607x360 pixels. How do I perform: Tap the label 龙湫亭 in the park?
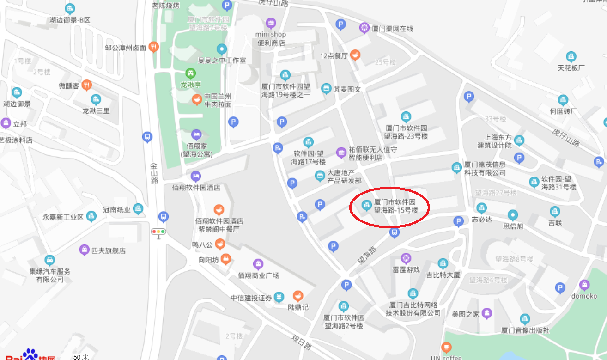point(190,85)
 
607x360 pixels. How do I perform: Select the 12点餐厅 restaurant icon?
point(355,55)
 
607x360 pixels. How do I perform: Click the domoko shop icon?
point(584,285)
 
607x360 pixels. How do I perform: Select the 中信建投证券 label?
point(251,298)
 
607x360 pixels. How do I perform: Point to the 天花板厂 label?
point(571,68)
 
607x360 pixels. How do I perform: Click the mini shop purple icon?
point(271,23)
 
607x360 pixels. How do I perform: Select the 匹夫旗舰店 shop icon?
point(84,250)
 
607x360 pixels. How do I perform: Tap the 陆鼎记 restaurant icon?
point(298,296)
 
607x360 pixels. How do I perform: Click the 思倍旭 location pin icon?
point(513,215)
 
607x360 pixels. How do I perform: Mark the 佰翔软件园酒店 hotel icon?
point(196,176)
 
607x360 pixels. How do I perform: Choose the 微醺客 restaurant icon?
point(86,85)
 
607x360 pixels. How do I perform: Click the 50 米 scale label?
point(81,357)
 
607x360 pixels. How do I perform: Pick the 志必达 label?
point(481,220)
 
